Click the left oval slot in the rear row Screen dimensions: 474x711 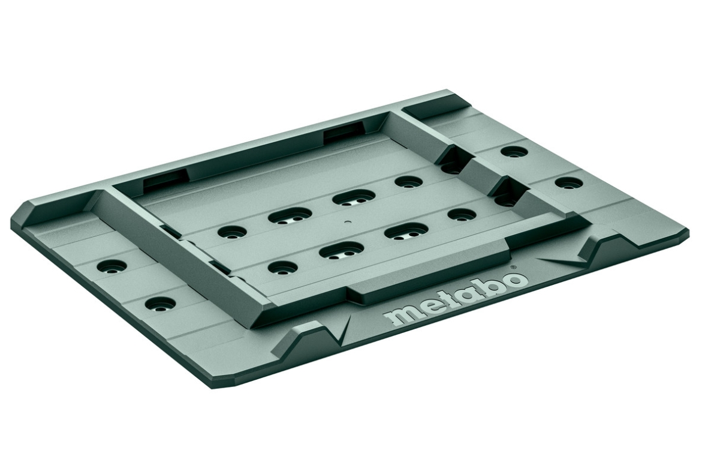[289, 215]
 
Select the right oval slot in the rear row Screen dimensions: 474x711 [355, 197]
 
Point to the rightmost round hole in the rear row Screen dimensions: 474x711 [408, 181]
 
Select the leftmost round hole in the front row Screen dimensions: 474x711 [284, 267]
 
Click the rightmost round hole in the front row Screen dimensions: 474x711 [460, 215]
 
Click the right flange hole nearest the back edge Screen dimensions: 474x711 [514, 152]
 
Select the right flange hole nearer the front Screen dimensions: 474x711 [568, 182]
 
